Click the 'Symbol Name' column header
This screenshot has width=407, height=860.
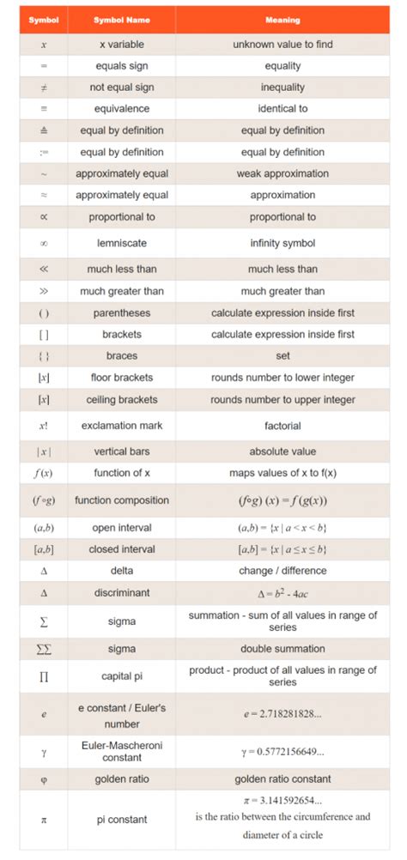click(121, 19)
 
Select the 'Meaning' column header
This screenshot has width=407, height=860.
click(282, 19)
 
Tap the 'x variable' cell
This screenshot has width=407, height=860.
click(121, 44)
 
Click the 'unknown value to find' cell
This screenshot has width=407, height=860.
click(282, 44)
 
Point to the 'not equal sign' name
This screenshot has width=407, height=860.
click(121, 88)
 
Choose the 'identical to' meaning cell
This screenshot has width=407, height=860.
click(282, 109)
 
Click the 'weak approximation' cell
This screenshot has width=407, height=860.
click(282, 173)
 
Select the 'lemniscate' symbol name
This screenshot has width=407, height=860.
click(121, 243)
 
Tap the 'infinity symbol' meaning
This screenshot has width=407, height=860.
click(282, 243)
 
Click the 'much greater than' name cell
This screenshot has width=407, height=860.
click(121, 291)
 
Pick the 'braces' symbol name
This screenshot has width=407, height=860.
click(121, 355)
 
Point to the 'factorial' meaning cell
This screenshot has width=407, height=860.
click(282, 425)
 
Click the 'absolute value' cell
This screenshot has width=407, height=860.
click(282, 451)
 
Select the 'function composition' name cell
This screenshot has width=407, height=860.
click(121, 500)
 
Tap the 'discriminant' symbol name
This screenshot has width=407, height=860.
click(121, 592)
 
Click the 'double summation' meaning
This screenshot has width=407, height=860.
click(282, 649)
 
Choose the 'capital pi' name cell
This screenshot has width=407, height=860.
click(121, 676)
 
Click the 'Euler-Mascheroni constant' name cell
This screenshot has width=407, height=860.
click(121, 752)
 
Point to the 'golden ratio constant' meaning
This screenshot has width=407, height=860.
click(282, 779)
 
